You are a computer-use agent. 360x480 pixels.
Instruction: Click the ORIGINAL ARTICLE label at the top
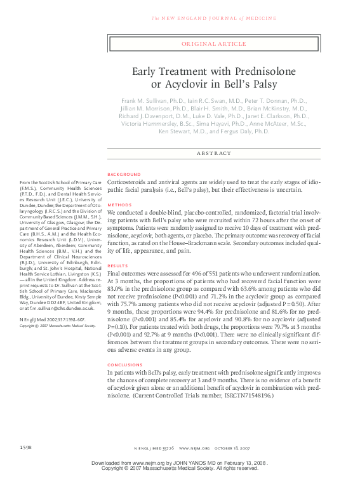[214, 44]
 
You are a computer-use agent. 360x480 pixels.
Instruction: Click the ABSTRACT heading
[214, 153]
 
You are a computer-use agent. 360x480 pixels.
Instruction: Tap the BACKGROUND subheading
[124, 174]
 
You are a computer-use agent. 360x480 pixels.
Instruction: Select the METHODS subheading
[119, 205]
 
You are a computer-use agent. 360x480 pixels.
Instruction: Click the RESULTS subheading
[118, 266]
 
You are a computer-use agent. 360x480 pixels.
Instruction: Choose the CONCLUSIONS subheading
[126, 365]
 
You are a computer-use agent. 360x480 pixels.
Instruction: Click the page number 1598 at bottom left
[25, 449]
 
